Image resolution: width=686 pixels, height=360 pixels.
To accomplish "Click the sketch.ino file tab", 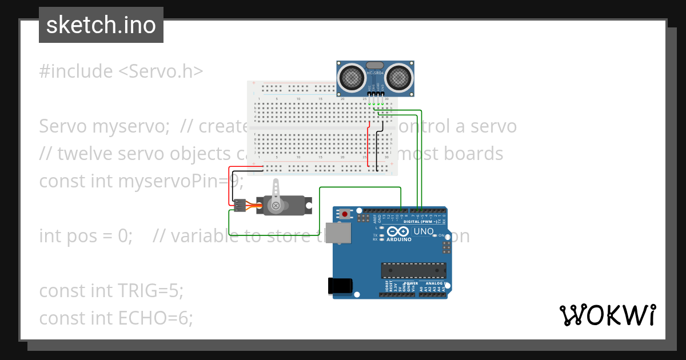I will click(x=101, y=25).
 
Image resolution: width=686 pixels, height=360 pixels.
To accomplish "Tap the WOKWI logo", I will click(x=607, y=315).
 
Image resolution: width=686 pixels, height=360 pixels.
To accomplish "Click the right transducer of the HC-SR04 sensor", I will click(x=398, y=77).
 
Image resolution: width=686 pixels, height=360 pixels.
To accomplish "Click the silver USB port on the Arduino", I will click(x=341, y=233).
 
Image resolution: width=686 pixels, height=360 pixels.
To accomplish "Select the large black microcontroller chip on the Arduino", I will click(x=414, y=270).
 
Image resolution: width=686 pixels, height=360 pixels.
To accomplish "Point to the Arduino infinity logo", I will click(x=397, y=231).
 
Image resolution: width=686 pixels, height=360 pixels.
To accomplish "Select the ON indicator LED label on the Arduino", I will click(x=441, y=235).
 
